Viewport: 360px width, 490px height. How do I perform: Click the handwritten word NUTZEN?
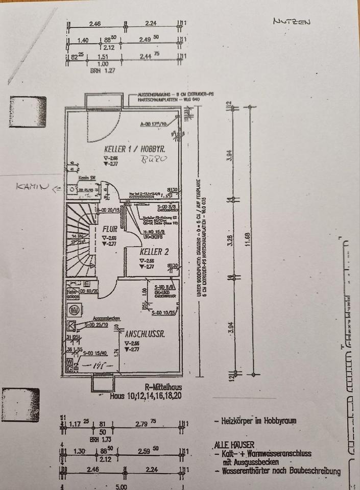point(292,21)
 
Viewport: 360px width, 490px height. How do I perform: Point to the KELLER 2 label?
point(154,251)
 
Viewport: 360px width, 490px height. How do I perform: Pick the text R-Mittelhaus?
point(162,387)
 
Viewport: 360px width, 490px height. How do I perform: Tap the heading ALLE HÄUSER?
point(234,445)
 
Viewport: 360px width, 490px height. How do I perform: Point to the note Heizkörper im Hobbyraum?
point(255,422)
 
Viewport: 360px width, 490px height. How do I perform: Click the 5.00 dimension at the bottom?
point(121,486)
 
